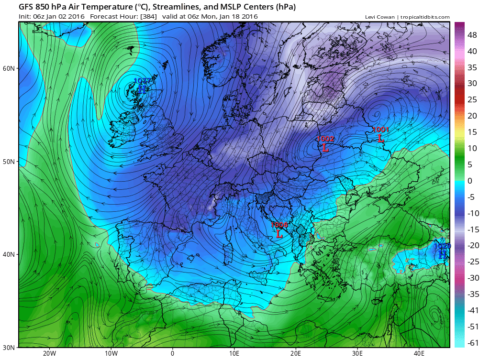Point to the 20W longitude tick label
[x=49, y=354]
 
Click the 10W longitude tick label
[x=111, y=354]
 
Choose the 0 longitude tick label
[x=172, y=354]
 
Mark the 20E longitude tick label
[x=296, y=354]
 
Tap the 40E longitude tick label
[x=419, y=354]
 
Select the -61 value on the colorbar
[x=473, y=343]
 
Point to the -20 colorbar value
[x=473, y=245]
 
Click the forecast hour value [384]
[x=146, y=16]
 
